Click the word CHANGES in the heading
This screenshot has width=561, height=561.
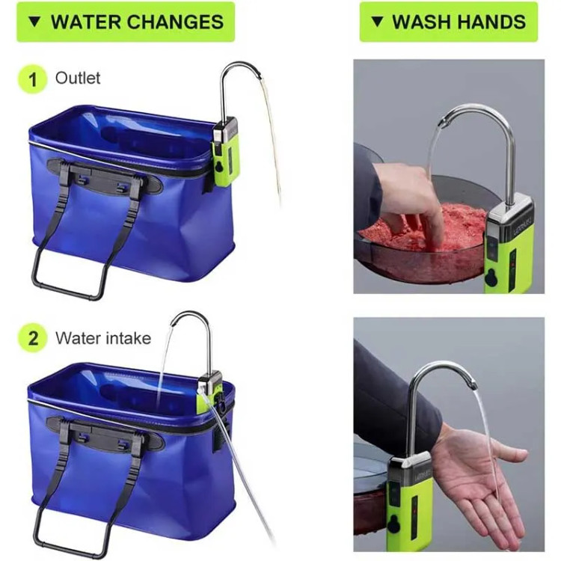pos(176,22)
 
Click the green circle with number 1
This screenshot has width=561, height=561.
pos(33,79)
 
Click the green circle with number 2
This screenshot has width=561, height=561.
pos(33,338)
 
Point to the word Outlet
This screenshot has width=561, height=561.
pos(78,78)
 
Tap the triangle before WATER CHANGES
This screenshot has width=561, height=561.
pos(35,22)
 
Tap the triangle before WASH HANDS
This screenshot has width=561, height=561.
pos(378,22)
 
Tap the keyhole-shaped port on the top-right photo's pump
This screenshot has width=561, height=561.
pos(491,278)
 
